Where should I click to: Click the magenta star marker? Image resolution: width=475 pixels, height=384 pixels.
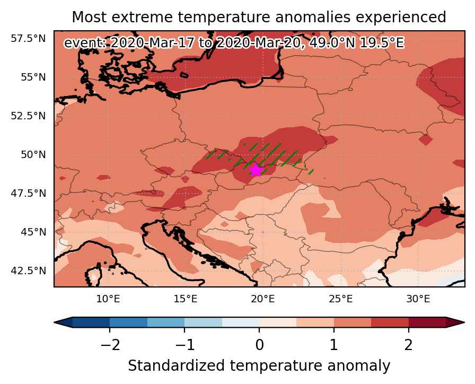point(256,170)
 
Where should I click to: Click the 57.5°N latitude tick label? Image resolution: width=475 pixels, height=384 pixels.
point(28,39)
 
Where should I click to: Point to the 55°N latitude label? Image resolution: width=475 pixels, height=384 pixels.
point(33,77)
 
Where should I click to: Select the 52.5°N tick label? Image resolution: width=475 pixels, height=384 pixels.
point(28,116)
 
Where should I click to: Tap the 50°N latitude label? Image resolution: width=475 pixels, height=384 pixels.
point(33,154)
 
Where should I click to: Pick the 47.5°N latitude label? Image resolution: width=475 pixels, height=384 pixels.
point(28,193)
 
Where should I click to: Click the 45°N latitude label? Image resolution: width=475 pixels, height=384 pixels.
point(33,232)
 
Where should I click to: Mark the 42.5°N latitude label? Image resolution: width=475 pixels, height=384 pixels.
point(28,270)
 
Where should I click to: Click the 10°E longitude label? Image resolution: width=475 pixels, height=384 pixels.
point(108,299)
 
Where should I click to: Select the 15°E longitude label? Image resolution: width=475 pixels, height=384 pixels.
point(186,299)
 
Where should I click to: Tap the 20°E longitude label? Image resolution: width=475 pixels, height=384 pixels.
point(263,299)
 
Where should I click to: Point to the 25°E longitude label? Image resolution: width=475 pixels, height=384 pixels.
point(340,299)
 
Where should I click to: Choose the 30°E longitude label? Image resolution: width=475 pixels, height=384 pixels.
point(418,299)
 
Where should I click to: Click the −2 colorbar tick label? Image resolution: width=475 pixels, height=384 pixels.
point(110,345)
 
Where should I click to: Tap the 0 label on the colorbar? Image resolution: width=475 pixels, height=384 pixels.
point(259,345)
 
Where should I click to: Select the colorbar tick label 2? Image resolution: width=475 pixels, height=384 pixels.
point(408,345)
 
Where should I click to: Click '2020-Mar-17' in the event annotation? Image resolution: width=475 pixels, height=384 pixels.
point(152,43)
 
